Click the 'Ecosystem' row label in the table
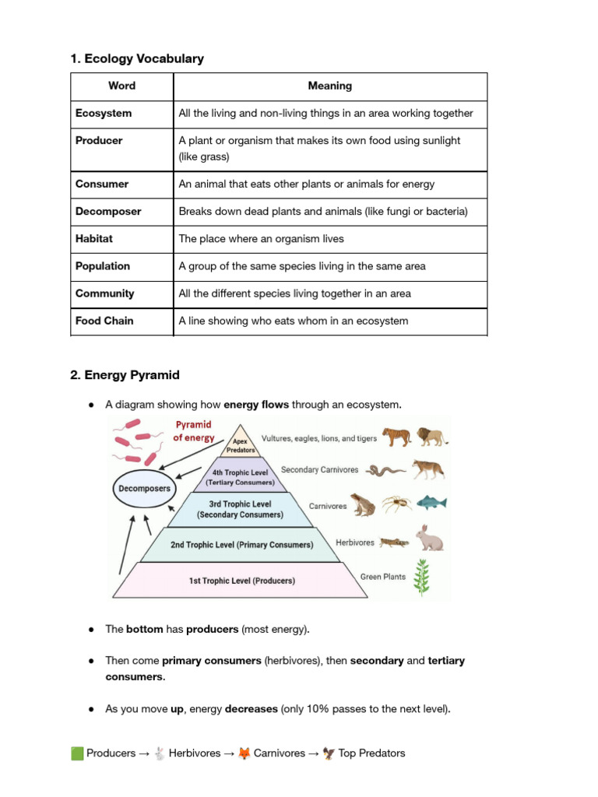(x=104, y=114)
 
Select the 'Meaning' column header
(x=329, y=86)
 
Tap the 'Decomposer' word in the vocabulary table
(x=108, y=212)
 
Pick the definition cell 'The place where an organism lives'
(x=261, y=239)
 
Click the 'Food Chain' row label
(x=104, y=321)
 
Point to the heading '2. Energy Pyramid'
(x=125, y=375)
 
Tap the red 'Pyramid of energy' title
(x=194, y=431)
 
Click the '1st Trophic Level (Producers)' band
(x=241, y=581)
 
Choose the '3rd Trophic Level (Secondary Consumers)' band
(x=240, y=510)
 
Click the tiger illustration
(x=396, y=437)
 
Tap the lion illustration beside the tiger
(x=431, y=437)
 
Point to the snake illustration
(x=386, y=471)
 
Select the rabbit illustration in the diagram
(x=430, y=538)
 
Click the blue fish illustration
(x=431, y=503)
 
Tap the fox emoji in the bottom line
(x=244, y=753)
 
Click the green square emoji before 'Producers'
(x=77, y=753)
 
